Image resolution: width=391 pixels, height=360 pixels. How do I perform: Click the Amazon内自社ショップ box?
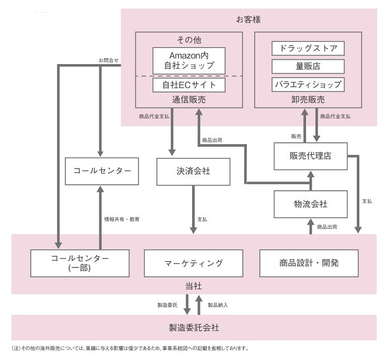(x=189, y=60)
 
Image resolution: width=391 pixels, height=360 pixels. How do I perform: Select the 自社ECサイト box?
(x=189, y=85)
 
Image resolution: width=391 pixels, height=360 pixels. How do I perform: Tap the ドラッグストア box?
(x=308, y=49)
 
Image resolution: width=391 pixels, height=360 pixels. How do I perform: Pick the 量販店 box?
(x=308, y=66)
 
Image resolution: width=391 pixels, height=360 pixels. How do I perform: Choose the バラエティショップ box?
(x=308, y=85)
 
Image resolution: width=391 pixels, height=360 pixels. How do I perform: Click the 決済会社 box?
(x=193, y=171)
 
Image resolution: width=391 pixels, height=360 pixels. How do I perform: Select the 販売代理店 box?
(x=311, y=156)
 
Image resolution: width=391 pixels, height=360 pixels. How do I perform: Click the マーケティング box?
(x=193, y=263)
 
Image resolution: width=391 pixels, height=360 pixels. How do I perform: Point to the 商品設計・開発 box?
(x=309, y=263)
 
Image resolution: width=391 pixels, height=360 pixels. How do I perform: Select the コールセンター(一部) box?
(x=80, y=263)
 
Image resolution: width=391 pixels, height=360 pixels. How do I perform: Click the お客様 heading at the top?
(x=249, y=20)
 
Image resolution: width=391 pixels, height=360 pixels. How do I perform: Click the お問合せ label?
(x=108, y=60)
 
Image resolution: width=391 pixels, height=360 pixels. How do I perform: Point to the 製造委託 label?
(x=168, y=305)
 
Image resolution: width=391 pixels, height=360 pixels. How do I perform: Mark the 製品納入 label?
(x=218, y=305)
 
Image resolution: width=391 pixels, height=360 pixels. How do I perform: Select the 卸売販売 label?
(x=308, y=100)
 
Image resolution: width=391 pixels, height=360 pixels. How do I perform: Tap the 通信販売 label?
(x=189, y=100)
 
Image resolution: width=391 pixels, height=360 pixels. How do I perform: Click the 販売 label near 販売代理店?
(x=296, y=136)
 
